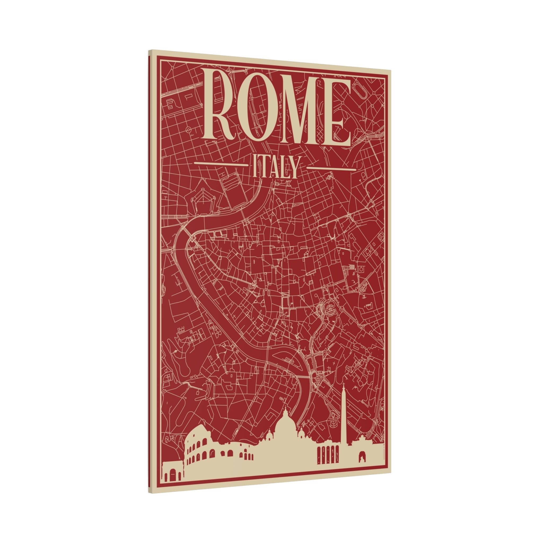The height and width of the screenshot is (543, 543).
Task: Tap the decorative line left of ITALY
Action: pyautogui.click(x=219, y=164)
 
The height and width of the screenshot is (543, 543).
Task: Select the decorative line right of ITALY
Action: pyautogui.click(x=331, y=169)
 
